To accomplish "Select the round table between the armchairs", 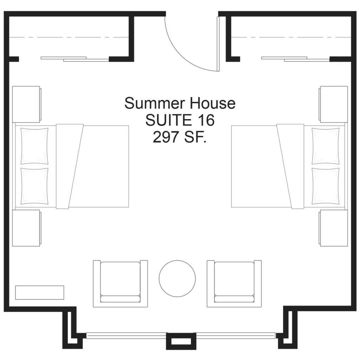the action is (177, 278).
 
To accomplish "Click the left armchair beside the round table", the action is (120, 284).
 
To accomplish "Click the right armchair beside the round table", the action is (234, 284).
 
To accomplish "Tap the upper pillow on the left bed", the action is (34, 146).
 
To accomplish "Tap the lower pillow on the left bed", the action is (34, 186).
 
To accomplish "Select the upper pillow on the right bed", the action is (326, 146).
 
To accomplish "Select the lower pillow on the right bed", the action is (326, 186).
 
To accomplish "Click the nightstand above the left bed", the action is (27, 104).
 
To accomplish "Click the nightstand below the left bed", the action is (27, 228).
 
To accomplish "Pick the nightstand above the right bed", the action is (333, 104).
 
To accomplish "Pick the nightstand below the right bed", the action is (333, 228).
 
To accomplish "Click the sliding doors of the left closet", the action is (75, 59).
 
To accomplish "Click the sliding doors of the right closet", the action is (296, 59).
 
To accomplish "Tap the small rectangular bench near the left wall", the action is (39, 292).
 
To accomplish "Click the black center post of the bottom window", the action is (181, 341).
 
